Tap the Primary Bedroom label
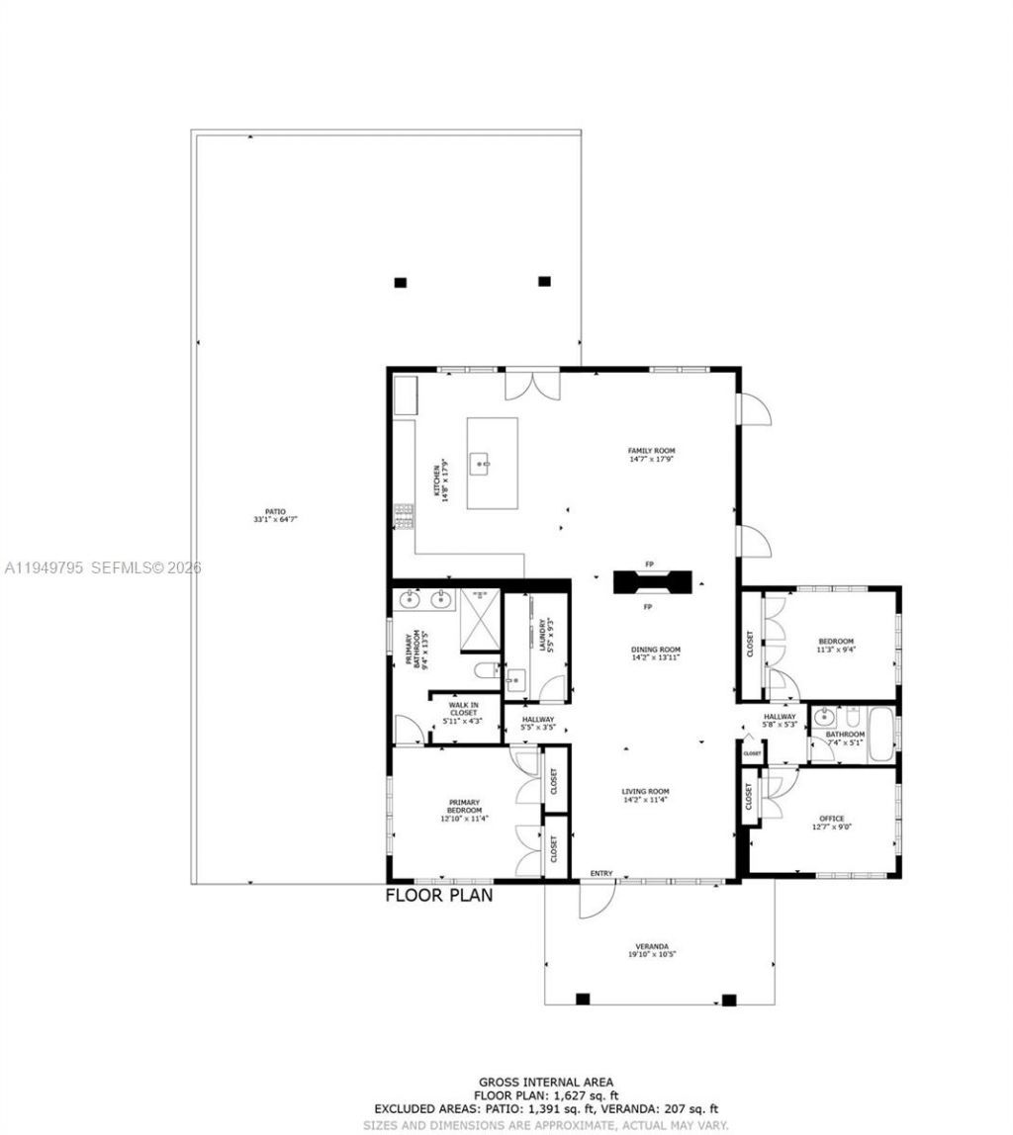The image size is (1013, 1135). [x=464, y=810]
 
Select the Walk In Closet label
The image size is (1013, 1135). [x=464, y=712]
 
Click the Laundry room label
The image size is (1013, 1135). [x=543, y=636]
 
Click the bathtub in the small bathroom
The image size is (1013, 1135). [x=881, y=736]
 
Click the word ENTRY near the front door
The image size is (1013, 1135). [x=601, y=873]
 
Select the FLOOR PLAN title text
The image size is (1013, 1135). [x=438, y=896]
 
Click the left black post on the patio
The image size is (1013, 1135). [x=401, y=283]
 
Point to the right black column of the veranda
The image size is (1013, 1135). [x=729, y=1000]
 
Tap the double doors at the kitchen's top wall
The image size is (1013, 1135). [x=532, y=384]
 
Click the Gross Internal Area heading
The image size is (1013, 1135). [x=546, y=1083]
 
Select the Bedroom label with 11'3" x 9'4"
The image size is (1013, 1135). [x=835, y=646]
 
